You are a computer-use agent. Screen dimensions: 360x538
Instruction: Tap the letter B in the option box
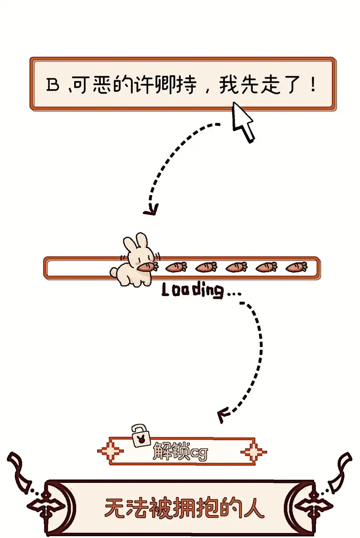coord(53,85)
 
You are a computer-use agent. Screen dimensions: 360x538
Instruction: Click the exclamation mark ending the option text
coord(313,84)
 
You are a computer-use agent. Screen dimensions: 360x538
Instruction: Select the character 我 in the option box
coord(229,84)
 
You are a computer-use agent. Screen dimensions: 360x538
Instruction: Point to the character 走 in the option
coord(271,84)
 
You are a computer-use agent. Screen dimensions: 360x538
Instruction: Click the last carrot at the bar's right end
coord(296,267)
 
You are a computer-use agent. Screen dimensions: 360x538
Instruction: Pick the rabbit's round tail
coord(114,272)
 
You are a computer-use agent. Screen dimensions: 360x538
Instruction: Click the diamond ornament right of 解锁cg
coord(253,452)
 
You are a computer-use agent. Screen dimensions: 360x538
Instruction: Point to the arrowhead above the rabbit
coord(151,210)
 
